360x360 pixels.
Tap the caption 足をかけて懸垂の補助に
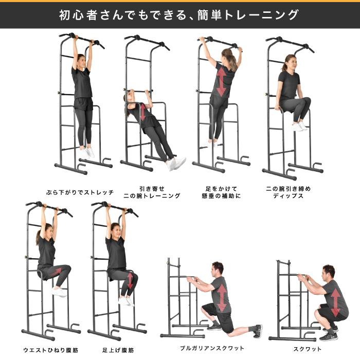pos(221,192)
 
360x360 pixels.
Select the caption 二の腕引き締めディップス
pos(288,192)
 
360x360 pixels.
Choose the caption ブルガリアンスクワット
pos(212,348)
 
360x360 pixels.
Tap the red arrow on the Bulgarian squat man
pos(222,297)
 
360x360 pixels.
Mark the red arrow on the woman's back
pos(221,82)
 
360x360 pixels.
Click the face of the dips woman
pos(289,64)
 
